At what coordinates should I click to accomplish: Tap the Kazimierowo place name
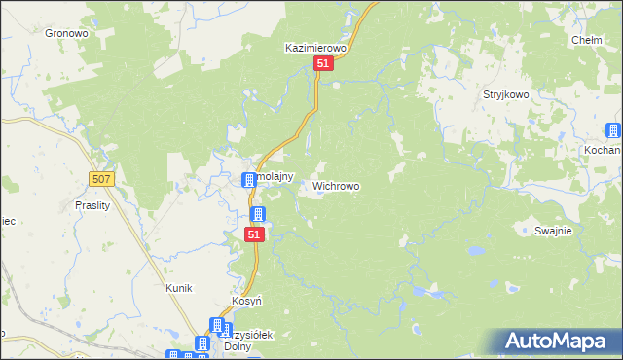tap(315, 47)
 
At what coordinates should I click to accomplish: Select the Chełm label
tap(587, 40)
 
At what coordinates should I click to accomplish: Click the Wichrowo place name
tap(336, 185)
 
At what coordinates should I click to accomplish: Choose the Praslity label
tap(94, 205)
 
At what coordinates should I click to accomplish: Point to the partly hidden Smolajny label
tap(267, 164)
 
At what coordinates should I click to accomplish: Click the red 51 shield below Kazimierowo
tap(324, 63)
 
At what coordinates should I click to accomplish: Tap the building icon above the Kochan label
tap(613, 131)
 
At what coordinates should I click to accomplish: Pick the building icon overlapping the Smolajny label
tap(249, 178)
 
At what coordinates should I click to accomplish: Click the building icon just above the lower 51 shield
tap(258, 214)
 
